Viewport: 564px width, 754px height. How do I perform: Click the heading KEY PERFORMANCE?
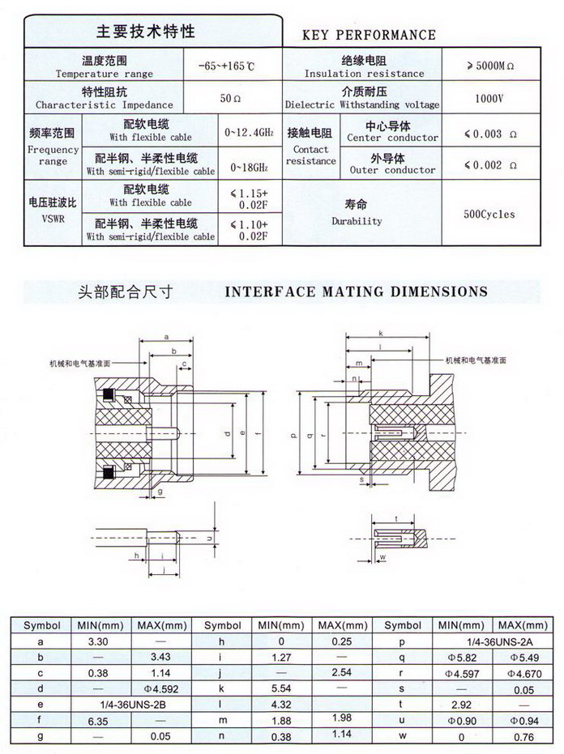369,35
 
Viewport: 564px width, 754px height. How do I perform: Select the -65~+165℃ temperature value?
232,66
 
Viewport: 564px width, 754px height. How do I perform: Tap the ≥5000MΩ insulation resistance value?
492,66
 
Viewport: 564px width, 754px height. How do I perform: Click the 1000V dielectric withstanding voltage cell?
490,99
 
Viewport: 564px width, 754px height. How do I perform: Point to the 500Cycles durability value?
489,215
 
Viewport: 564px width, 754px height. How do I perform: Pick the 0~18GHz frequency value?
249,167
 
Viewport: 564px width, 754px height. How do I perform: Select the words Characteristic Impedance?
105,105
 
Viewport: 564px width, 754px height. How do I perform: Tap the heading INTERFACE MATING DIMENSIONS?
356,292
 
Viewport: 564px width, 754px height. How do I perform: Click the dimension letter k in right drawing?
379,334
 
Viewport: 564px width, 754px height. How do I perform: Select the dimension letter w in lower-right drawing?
382,557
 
